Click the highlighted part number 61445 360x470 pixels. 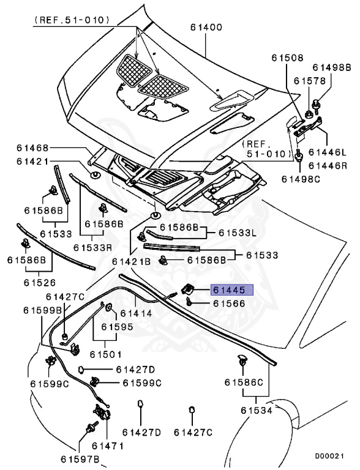pyautogui.click(x=228, y=291)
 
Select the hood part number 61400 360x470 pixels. pyautogui.click(x=206, y=27)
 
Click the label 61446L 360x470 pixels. pyautogui.click(x=327, y=152)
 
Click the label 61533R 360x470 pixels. pyautogui.click(x=92, y=247)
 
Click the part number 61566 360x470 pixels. pyautogui.click(x=228, y=303)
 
